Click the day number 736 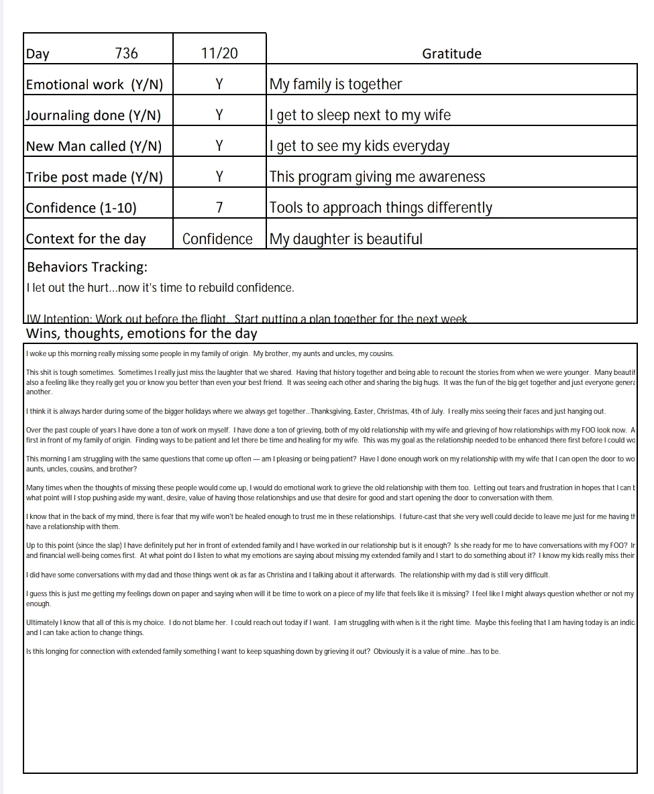127,54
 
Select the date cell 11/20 219,54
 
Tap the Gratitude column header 451,54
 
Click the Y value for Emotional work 219,84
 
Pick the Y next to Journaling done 219,115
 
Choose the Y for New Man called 219,146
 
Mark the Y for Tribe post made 219,176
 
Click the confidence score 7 219,207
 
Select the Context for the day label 86,239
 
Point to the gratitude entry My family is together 335,84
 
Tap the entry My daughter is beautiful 345,239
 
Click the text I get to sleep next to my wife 360,115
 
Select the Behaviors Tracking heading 87,267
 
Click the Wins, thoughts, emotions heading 141,333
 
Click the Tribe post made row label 94,177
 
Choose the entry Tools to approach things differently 380,208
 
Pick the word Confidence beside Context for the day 218,239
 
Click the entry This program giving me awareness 377,177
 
